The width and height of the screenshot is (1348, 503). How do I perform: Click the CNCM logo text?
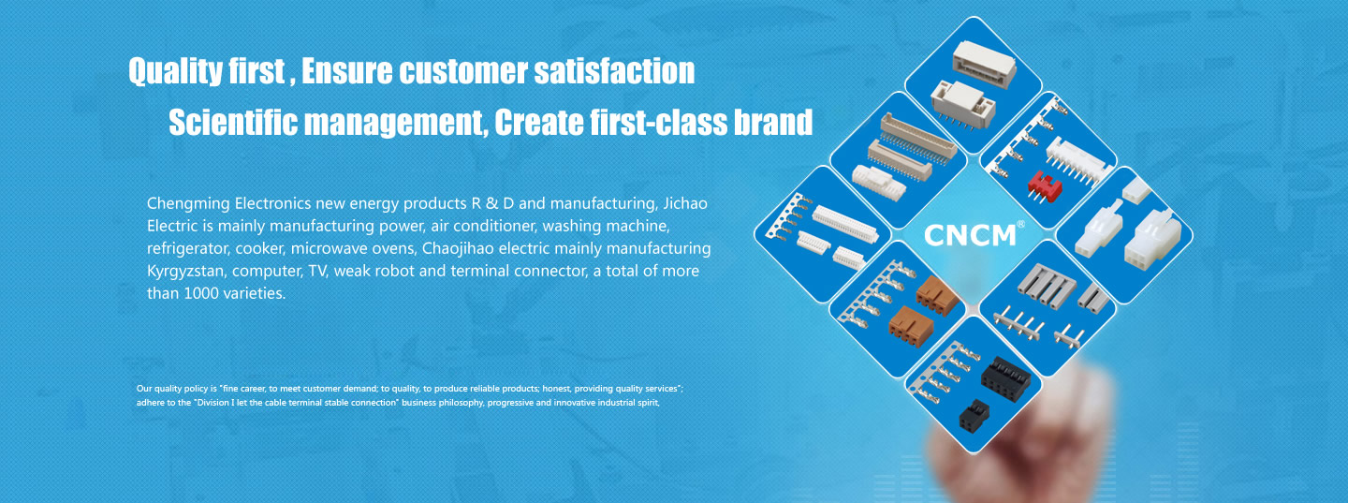pos(970,235)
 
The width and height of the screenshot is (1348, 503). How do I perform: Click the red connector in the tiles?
pos(1044,186)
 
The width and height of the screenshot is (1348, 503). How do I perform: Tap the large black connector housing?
pos(1005,378)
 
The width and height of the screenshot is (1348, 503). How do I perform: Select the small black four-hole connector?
pos(974,415)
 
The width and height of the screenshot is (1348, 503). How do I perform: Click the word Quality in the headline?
pos(175,71)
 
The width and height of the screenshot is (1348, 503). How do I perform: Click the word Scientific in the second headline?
pos(233,123)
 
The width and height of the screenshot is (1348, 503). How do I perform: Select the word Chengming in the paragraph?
pos(188,204)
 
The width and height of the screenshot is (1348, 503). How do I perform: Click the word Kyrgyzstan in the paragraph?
pos(186,272)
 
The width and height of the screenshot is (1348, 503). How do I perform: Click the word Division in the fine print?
pos(213,403)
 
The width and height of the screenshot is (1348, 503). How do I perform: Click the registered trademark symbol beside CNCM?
pos(1020,225)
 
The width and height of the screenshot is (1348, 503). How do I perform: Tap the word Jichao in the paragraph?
pos(685,203)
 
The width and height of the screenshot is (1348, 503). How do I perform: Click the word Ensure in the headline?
pos(347,71)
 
